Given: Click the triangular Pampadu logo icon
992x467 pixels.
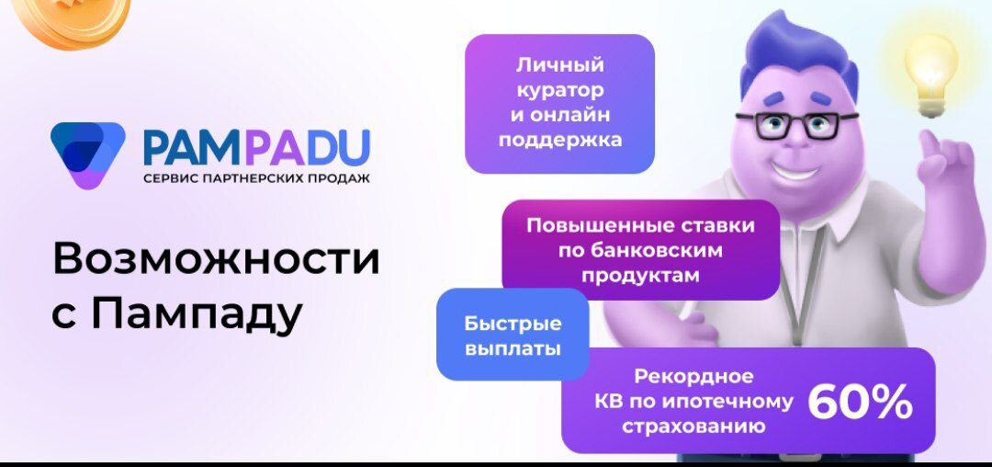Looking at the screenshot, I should [x=87, y=154].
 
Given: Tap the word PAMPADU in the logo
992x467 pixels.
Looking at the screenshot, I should [x=256, y=146].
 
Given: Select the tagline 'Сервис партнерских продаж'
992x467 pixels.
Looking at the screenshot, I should [x=256, y=177].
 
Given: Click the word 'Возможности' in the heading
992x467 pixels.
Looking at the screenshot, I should [x=216, y=259].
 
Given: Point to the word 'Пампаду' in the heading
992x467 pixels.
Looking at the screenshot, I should [x=197, y=315].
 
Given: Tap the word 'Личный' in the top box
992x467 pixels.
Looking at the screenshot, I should [x=559, y=65].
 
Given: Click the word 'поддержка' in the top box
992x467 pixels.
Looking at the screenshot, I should [x=559, y=141].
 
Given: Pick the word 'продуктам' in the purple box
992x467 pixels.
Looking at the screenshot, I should [x=640, y=275].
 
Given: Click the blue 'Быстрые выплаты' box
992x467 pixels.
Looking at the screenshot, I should [x=512, y=336].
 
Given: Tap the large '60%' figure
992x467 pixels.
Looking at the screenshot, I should [x=860, y=402].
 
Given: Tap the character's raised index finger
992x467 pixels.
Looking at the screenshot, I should [x=934, y=147].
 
